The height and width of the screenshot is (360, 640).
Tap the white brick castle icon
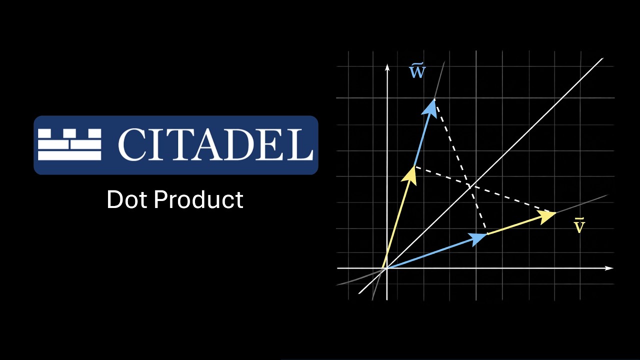(x=69, y=144)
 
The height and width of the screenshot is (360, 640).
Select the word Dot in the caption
(x=127, y=199)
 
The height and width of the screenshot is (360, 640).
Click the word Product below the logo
(x=198, y=199)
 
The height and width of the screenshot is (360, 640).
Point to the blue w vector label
(x=417, y=72)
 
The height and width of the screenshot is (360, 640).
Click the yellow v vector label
(x=579, y=226)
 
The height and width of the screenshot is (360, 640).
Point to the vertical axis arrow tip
(x=386, y=66)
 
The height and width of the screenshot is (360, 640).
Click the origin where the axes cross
(x=386, y=268)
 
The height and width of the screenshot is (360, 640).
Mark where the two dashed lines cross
(x=469, y=186)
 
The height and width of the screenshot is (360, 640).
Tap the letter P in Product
(x=161, y=199)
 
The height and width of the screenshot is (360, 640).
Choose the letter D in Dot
(x=115, y=199)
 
